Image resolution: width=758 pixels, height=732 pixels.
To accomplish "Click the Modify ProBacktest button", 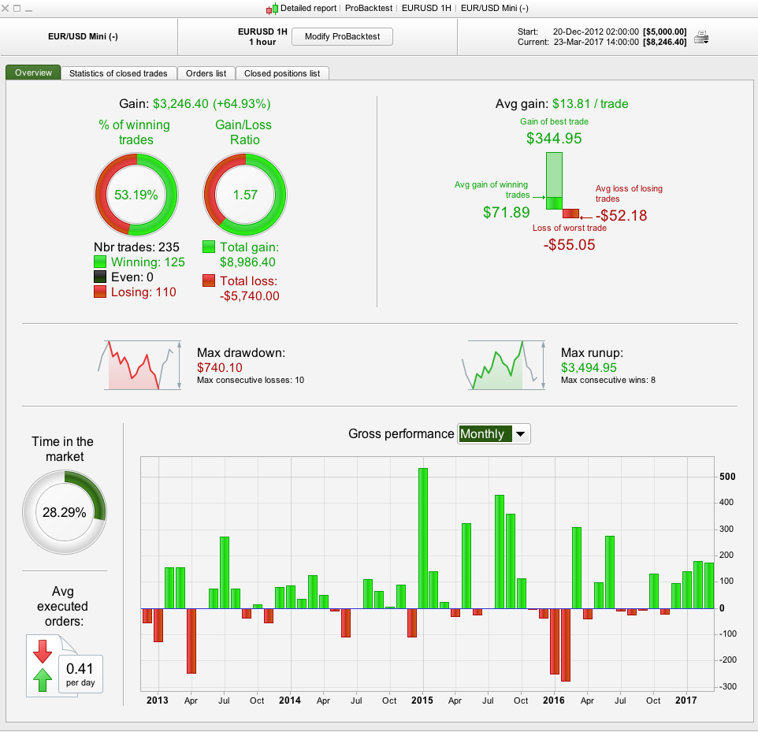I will pyautogui.click(x=342, y=37).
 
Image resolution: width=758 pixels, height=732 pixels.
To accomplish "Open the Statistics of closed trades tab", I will pyautogui.click(x=118, y=73).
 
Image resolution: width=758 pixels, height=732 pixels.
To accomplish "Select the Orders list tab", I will pyautogui.click(x=206, y=73).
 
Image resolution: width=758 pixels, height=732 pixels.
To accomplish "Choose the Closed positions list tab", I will pyautogui.click(x=282, y=73).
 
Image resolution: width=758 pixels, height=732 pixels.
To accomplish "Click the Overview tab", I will pyautogui.click(x=33, y=73).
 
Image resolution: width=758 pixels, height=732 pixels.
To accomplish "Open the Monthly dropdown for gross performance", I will pyautogui.click(x=494, y=434).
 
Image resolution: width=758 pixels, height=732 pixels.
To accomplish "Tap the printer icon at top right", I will pyautogui.click(x=700, y=37).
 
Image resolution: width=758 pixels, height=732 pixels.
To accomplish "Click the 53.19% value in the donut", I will pyautogui.click(x=136, y=195).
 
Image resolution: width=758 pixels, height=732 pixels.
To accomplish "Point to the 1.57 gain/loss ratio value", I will pyautogui.click(x=245, y=195).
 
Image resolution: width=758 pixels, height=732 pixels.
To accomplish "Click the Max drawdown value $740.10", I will pyautogui.click(x=220, y=368).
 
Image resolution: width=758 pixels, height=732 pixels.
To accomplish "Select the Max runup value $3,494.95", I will pyautogui.click(x=589, y=368).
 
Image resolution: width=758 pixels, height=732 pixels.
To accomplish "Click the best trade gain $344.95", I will pyautogui.click(x=554, y=139).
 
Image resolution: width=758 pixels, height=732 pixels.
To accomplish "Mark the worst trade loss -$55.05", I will pyautogui.click(x=569, y=245).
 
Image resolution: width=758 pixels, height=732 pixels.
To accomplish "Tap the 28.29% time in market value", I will pyautogui.click(x=65, y=512).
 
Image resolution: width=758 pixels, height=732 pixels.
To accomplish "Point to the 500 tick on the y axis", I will pyautogui.click(x=727, y=477).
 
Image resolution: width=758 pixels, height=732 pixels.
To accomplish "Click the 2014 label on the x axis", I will pyautogui.click(x=290, y=700).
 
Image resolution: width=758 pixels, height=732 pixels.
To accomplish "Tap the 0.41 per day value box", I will pyautogui.click(x=80, y=674).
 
